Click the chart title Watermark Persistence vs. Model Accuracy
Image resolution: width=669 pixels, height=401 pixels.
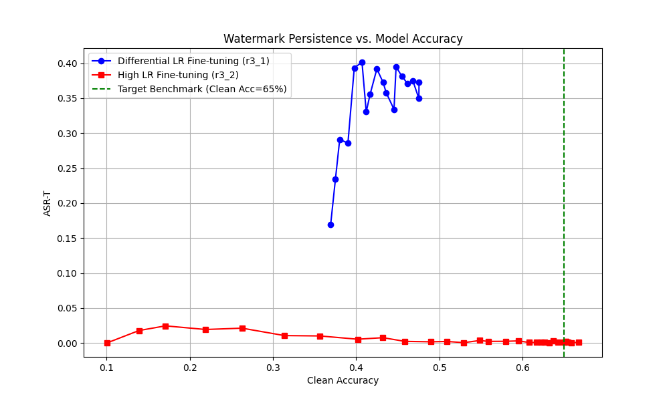coord(343,39)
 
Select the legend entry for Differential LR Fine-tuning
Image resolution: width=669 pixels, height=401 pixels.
coord(193,61)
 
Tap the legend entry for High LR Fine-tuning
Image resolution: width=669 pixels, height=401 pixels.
coord(178,75)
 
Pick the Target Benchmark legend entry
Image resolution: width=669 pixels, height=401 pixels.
coord(202,89)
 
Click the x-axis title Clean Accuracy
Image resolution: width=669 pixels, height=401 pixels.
coord(343,380)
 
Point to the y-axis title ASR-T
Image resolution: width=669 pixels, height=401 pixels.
coord(47,203)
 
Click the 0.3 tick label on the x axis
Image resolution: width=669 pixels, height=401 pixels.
coord(273,368)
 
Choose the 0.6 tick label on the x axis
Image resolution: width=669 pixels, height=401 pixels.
coord(522,368)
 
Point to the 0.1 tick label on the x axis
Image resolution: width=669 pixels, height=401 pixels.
coord(106,368)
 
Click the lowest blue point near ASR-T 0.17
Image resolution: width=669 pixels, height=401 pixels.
coord(330,225)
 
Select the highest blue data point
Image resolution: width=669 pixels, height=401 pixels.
coord(362,62)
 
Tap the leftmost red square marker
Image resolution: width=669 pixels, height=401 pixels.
coord(107,343)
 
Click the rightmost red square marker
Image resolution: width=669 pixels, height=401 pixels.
coord(579,342)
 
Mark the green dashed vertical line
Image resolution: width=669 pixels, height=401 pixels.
coord(564,200)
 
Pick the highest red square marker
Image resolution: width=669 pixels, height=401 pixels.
coord(165,326)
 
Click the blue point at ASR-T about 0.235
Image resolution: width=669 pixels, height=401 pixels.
coord(335,179)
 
